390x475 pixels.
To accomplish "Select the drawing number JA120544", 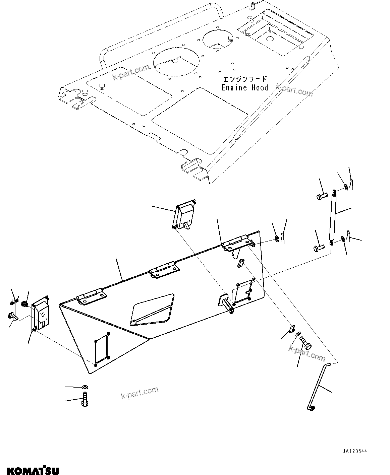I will click(x=354, y=451).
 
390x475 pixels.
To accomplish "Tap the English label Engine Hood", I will click(x=244, y=88).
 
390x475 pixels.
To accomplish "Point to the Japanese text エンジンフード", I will click(x=245, y=79).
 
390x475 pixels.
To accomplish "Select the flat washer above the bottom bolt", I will click(x=84, y=387).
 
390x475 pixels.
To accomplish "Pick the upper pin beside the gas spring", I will click(x=322, y=196).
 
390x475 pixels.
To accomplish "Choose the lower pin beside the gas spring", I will click(x=320, y=248).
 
